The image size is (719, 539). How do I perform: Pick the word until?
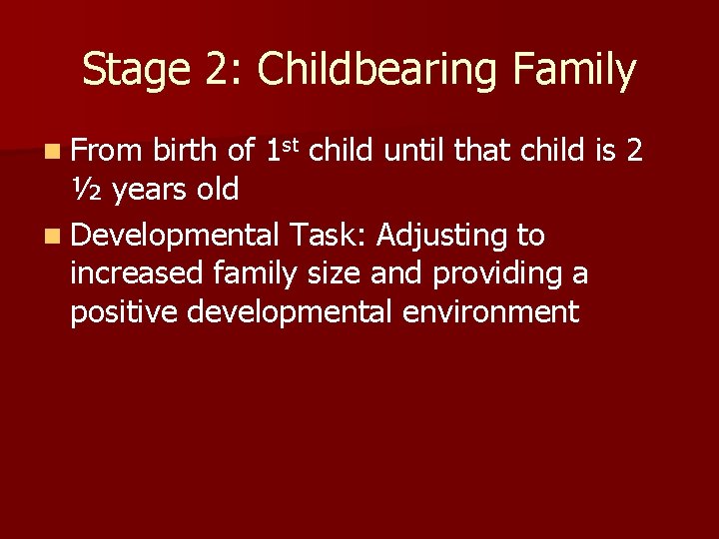point(415,151)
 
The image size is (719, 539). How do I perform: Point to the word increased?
point(139,274)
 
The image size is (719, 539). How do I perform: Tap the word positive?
point(125,312)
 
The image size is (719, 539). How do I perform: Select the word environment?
point(490,312)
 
